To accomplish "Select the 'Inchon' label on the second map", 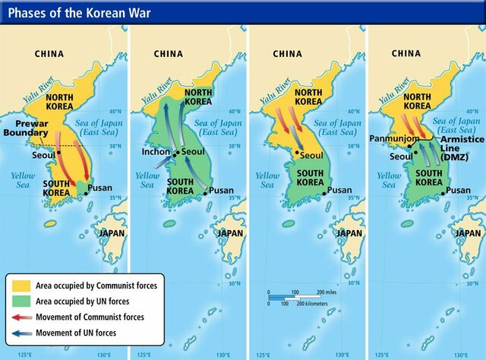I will (155, 151).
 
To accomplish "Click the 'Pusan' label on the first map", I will (100, 188).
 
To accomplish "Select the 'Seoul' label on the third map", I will (312, 156).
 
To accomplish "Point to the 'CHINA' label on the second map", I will (169, 54).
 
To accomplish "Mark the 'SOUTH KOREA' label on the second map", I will (179, 186).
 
